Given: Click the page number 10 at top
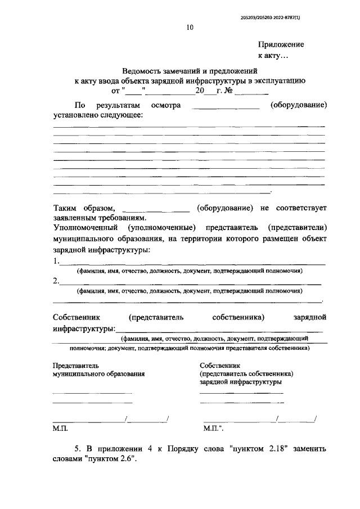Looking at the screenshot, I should [x=190, y=26].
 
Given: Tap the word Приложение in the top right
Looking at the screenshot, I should [x=281, y=44].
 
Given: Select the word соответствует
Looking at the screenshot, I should [x=300, y=208].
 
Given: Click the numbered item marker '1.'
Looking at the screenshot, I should [x=56, y=261].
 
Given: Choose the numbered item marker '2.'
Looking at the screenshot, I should [x=56, y=281].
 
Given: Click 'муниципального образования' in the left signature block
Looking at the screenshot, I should [x=98, y=373].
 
